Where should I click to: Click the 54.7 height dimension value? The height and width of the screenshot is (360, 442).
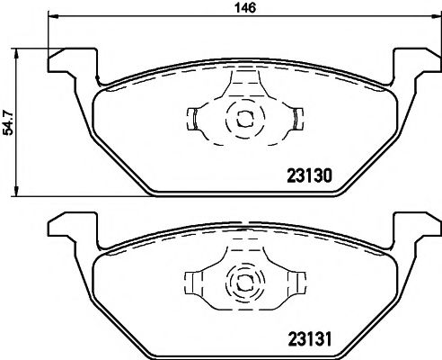tap(8, 121)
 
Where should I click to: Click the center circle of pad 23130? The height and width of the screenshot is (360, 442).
tap(240, 117)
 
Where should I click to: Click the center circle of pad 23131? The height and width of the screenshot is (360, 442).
tap(240, 280)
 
